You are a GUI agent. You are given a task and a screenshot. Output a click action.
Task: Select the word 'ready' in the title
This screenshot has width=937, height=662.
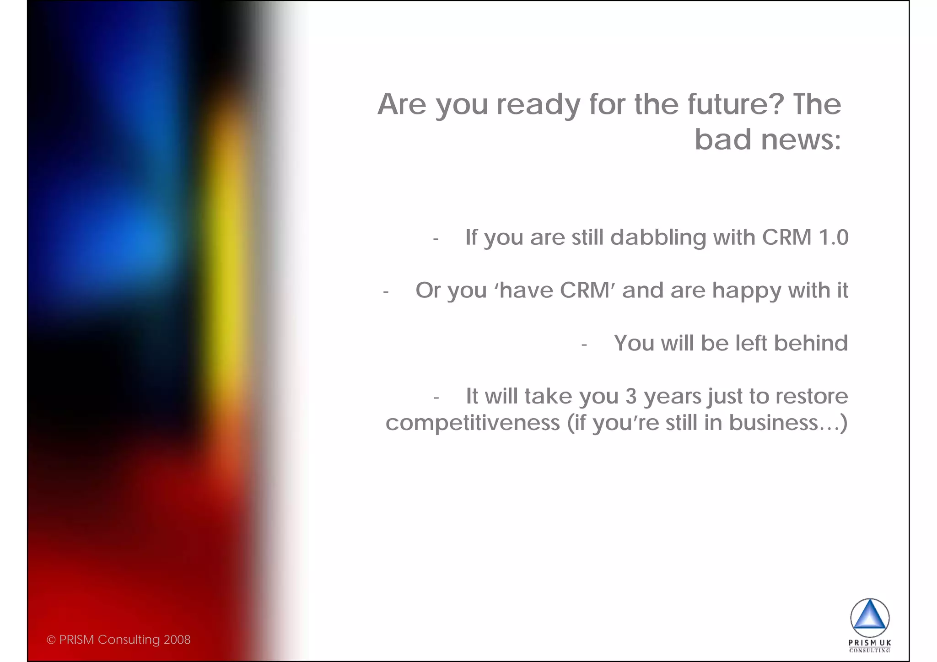tap(539, 105)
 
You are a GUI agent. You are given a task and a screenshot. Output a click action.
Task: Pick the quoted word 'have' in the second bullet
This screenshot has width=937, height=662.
tap(521, 291)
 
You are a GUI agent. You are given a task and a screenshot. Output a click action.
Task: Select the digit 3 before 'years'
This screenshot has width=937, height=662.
tap(631, 396)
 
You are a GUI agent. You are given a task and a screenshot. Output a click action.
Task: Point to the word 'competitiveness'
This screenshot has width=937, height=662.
tap(473, 423)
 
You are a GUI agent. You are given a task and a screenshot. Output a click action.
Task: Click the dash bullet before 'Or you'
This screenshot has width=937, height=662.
tap(386, 292)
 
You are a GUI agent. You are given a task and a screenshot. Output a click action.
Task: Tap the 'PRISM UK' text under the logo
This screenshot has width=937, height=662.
tap(869, 643)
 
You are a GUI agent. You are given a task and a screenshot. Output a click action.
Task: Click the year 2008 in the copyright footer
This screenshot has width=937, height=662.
tap(177, 640)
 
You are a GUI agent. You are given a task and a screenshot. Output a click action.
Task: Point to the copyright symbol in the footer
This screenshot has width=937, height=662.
tap(51, 640)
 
